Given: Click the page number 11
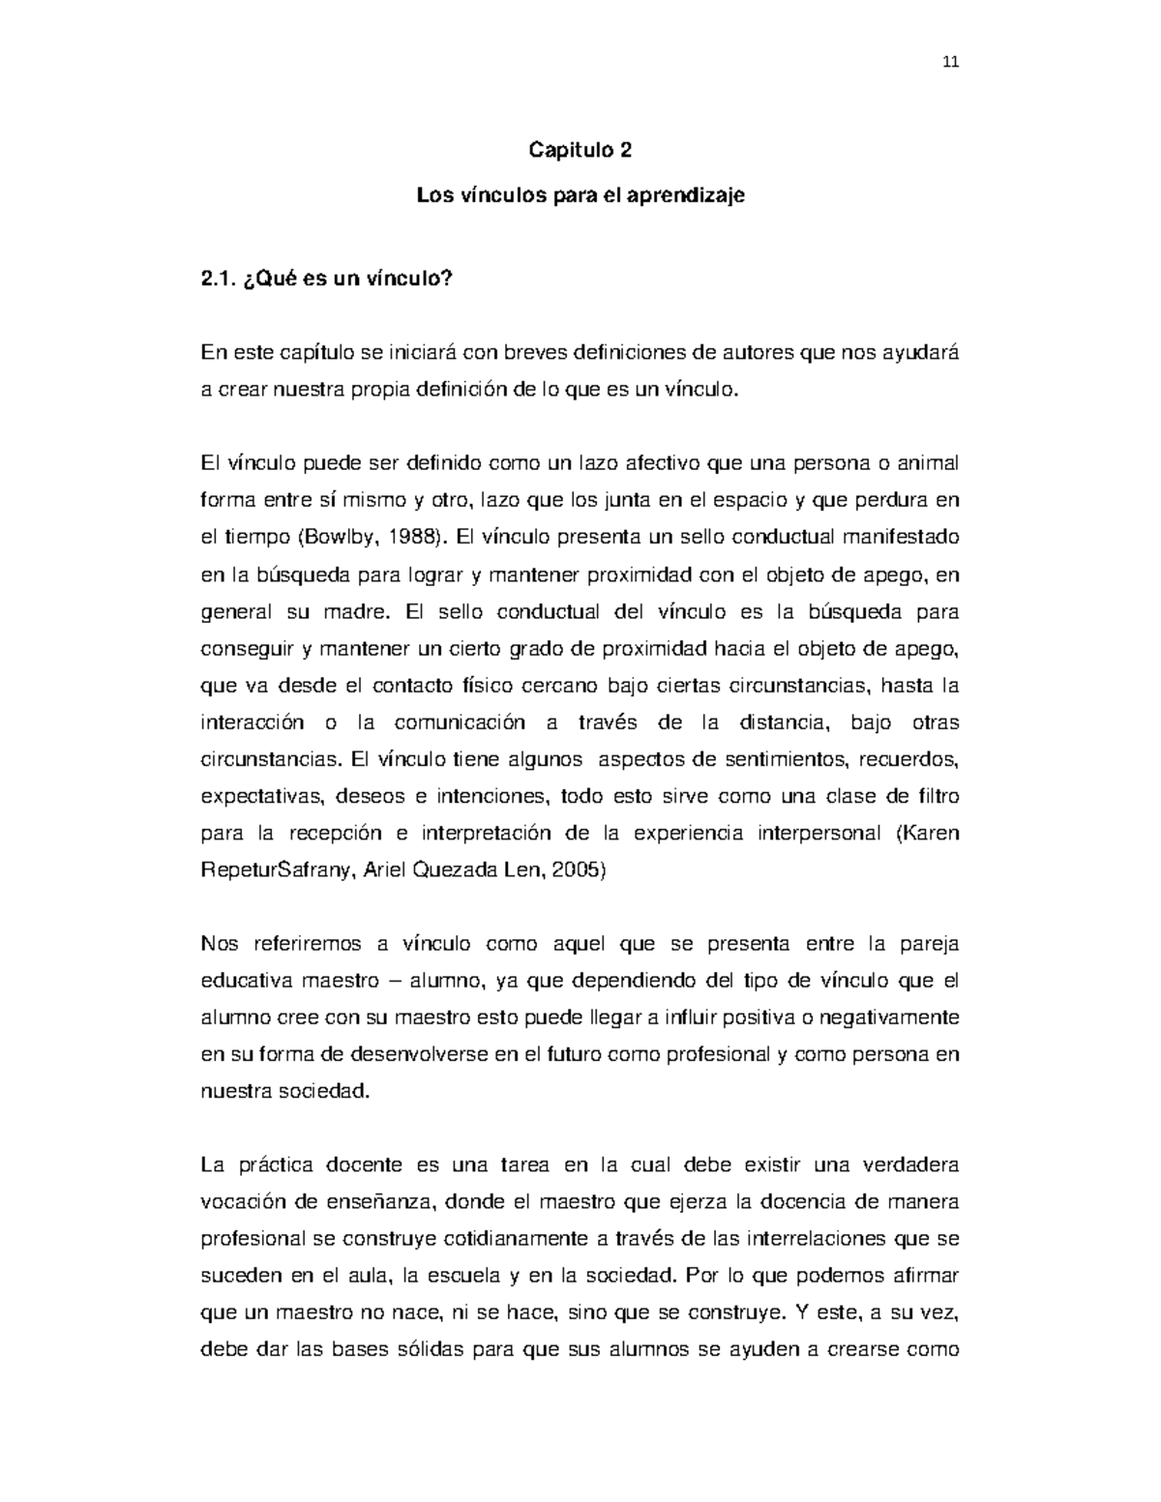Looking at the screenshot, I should (x=949, y=64).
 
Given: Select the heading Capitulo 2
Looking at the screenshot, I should (x=580, y=150).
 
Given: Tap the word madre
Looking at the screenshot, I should (x=360, y=612).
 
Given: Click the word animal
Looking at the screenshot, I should (x=929, y=463).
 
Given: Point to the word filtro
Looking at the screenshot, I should (x=935, y=796).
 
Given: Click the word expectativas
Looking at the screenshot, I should (x=254, y=796).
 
